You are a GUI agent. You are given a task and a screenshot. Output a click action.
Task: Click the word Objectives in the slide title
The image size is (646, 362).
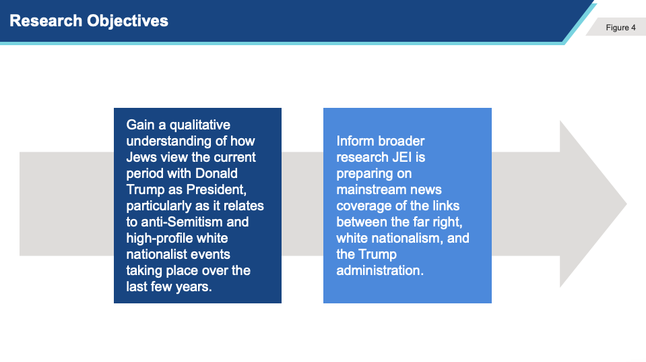pyautogui.click(x=128, y=22)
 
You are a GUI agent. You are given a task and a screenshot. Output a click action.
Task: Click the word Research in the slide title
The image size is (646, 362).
pyautogui.click(x=46, y=21)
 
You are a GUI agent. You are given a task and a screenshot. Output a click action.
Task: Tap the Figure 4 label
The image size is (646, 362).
pyautogui.click(x=620, y=28)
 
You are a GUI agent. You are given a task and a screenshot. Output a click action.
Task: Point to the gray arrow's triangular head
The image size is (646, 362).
pyautogui.click(x=593, y=204)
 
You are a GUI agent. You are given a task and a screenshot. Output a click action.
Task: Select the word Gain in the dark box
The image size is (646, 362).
pyautogui.click(x=140, y=125)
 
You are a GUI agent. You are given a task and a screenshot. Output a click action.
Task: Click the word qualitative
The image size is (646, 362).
pyautogui.click(x=200, y=125)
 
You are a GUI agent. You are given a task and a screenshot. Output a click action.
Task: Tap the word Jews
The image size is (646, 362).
pyautogui.click(x=141, y=157)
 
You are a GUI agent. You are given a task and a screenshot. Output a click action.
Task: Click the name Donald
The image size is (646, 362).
pyautogui.click(x=216, y=173)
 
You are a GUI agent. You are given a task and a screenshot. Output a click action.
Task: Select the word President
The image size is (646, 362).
pyautogui.click(x=216, y=189)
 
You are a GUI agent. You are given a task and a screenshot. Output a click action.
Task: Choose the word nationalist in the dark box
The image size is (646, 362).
pyautogui.click(x=157, y=254)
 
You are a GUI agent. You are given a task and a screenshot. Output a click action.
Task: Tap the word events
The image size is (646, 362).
pyautogui.click(x=211, y=254)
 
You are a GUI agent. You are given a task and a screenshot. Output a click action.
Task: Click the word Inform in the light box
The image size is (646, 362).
pyautogui.click(x=355, y=141)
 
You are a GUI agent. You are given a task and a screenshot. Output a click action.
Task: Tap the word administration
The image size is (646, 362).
pyautogui.click(x=380, y=270)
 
